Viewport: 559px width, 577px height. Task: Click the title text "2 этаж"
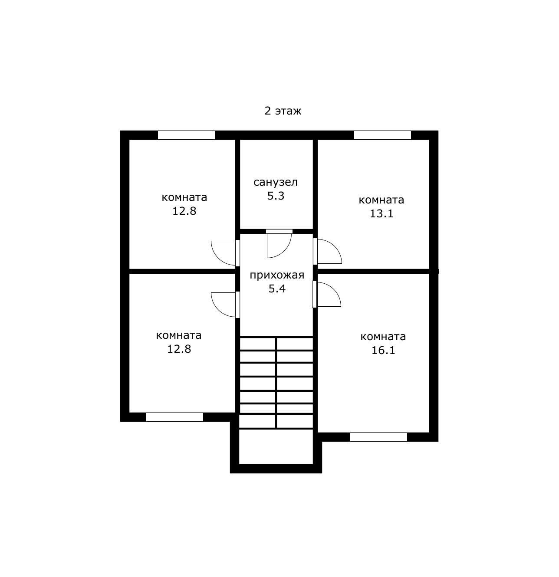pos(283,111)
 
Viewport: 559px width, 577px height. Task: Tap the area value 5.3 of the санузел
pos(276,196)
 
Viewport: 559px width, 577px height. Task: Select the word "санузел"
pos(275,182)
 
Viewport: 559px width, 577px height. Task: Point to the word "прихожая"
pos(277,275)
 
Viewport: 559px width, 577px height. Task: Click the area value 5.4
pos(277,288)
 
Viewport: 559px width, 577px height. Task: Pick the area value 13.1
pos(381,213)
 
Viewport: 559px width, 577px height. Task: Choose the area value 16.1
pos(383,351)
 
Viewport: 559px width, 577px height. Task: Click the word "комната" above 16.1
pos(383,337)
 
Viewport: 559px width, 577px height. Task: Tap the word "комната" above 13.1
pos(381,200)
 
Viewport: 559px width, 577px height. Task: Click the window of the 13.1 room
pos(382,135)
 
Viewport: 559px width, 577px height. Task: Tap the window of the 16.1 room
pos(378,437)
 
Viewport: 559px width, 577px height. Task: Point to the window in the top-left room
pos(186,135)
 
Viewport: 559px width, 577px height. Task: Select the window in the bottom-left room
pos(174,417)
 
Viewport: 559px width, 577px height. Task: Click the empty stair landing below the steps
pos(276,446)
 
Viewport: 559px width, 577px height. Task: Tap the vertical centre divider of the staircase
pos(276,383)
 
